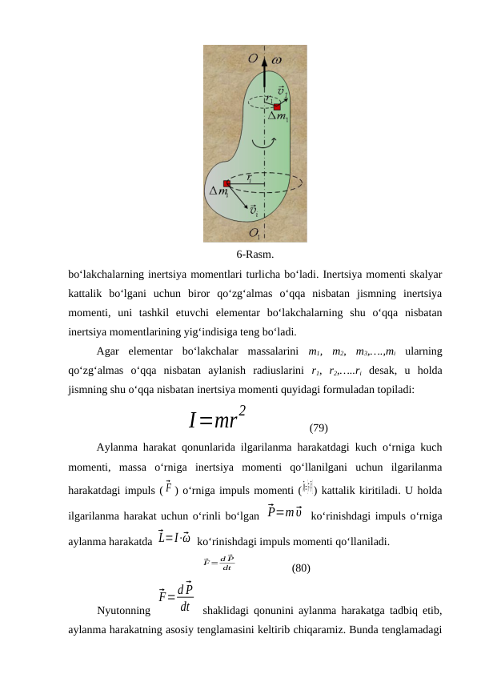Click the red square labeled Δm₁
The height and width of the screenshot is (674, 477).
[x=277, y=106]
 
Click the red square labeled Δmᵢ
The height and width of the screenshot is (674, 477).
[x=227, y=183]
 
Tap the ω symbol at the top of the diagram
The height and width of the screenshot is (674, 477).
[x=277, y=59]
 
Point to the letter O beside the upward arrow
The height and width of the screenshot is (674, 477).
[x=253, y=58]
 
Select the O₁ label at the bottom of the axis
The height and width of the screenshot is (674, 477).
[x=255, y=233]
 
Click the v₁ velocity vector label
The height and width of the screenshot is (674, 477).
[x=282, y=89]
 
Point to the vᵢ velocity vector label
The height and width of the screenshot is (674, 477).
[x=254, y=211]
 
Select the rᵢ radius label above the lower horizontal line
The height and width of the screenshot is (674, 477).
[x=250, y=178]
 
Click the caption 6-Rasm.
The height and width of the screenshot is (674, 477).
[x=255, y=255]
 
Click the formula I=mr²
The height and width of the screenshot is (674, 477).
[x=217, y=418]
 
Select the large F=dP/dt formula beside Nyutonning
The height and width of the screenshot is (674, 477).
[x=176, y=596]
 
